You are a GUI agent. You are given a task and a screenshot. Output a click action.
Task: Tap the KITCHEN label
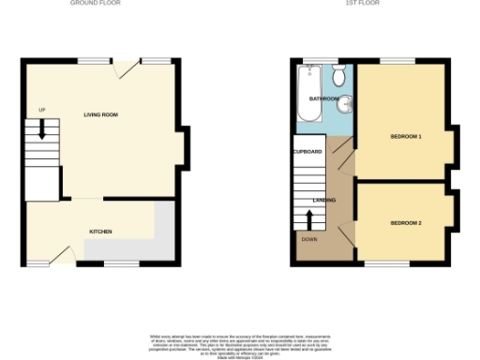101,230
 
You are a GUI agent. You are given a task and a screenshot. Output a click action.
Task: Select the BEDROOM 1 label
405,137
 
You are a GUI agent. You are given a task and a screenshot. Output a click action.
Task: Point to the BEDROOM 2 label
405,222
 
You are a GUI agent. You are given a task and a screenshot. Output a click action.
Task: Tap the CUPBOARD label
307,151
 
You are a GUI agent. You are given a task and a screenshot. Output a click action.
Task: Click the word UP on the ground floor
41,110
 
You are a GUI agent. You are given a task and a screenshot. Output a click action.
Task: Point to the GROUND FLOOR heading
95,4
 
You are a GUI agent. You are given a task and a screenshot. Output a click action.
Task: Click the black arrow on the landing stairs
309,217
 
